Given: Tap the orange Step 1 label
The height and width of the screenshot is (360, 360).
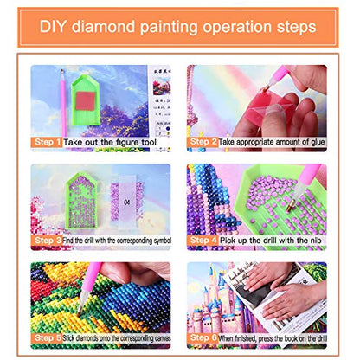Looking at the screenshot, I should point(48,140).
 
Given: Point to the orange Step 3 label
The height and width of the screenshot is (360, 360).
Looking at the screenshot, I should point(48,239).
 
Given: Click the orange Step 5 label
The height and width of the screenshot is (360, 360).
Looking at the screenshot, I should point(48,337).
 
